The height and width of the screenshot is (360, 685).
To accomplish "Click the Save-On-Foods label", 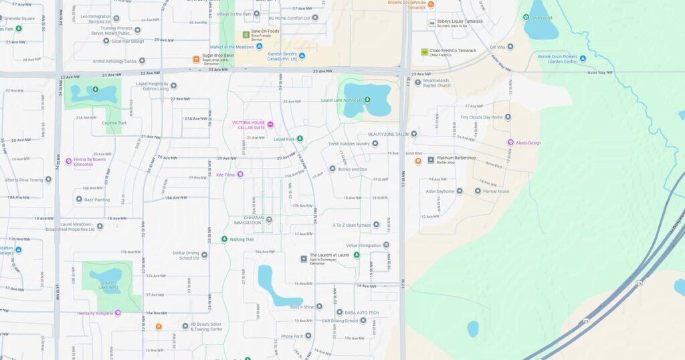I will [266, 32].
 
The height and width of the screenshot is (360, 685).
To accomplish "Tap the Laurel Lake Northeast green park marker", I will [367, 100].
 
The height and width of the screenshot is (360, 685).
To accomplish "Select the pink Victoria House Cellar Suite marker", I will [270, 125].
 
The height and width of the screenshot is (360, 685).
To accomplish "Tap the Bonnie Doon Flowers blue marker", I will [583, 58].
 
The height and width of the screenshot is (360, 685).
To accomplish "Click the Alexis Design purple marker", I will [510, 143].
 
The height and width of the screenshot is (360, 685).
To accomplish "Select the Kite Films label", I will [225, 175].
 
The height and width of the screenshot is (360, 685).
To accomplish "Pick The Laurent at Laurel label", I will [329, 255].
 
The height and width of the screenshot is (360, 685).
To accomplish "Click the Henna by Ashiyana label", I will [94, 313].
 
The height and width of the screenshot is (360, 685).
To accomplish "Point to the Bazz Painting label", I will [97, 199].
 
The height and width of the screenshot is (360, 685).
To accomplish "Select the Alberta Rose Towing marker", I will [48, 180].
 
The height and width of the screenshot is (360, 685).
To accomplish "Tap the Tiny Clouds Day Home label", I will [481, 117].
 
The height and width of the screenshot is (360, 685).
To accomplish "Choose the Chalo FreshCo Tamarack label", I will [453, 51].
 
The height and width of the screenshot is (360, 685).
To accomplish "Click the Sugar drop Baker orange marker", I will [196, 59].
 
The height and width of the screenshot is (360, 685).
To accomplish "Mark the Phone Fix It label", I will [292, 336].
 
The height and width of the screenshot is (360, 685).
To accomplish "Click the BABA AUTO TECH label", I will [361, 312].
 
